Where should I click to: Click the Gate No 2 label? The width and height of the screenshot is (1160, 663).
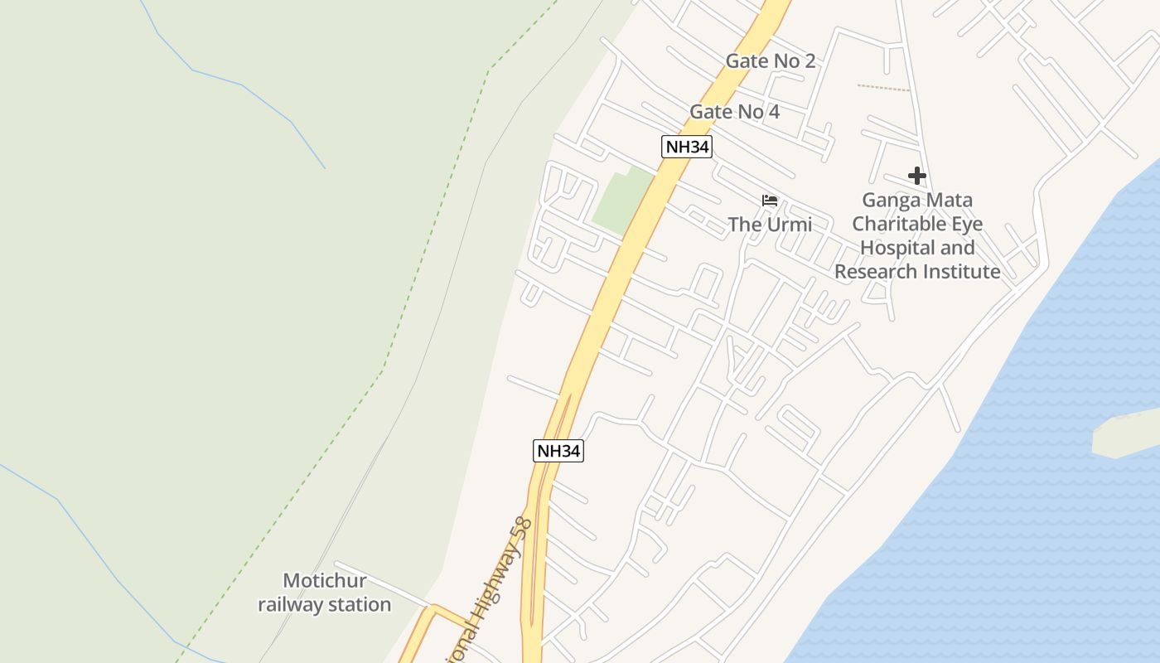[x=770, y=60]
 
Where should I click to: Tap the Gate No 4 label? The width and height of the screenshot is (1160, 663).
[x=734, y=112]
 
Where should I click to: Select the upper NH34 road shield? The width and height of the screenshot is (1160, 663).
[x=687, y=147]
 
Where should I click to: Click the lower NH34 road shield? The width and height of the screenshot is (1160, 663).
[x=558, y=451]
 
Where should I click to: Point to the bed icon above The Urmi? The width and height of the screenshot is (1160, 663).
[x=770, y=201]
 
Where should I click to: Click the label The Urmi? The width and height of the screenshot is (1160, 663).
[x=770, y=225]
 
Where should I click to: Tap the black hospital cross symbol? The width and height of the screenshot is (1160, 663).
[x=916, y=176]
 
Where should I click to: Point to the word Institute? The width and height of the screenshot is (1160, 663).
[x=960, y=272]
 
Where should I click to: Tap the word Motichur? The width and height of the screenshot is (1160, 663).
[x=324, y=581]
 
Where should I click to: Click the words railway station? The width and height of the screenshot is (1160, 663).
[x=324, y=605]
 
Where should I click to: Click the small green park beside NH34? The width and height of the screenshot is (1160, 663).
[x=622, y=201]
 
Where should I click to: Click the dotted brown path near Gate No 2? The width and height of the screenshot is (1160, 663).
[x=883, y=87]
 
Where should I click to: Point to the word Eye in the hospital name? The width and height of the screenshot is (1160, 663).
[x=968, y=224]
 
